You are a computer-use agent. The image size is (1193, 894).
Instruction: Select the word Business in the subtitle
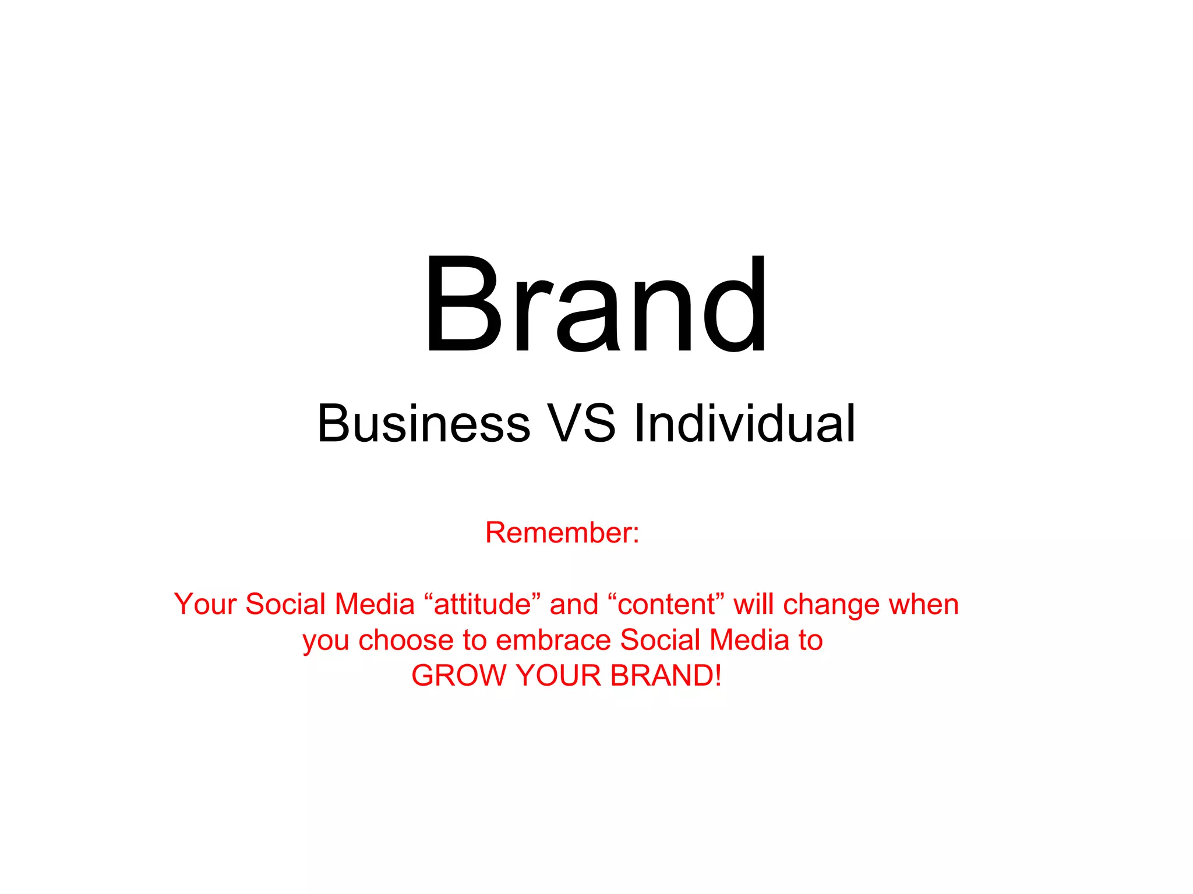pyautogui.click(x=423, y=423)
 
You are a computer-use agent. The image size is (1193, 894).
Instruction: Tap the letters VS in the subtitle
pyautogui.click(x=581, y=423)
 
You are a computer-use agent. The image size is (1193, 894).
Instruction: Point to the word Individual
pyautogui.click(x=744, y=423)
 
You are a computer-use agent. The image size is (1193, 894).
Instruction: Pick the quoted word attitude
pyautogui.click(x=483, y=604)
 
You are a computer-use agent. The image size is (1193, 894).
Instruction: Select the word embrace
pyautogui.click(x=553, y=640)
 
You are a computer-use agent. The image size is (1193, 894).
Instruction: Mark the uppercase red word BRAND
pyautogui.click(x=661, y=676)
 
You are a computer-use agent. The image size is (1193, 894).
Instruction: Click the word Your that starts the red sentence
pyautogui.click(x=205, y=604)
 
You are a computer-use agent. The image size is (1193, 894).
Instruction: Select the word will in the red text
pyautogui.click(x=753, y=604)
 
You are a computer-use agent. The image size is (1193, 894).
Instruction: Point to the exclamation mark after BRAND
pyautogui.click(x=718, y=676)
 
